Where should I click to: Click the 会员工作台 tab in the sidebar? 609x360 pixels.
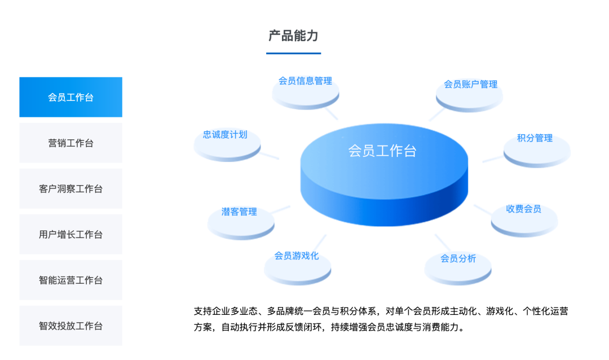coord(70,97)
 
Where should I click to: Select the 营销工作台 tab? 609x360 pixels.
coord(70,143)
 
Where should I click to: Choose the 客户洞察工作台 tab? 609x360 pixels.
coord(70,188)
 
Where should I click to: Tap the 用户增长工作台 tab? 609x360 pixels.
coord(70,234)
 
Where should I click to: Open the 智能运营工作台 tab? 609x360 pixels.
coord(70,280)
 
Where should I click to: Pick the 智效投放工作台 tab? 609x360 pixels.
coord(70,326)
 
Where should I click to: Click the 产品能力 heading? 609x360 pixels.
coord(294,36)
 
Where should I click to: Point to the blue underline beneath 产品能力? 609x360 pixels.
coord(294,53)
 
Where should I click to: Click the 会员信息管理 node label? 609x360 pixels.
coord(305,81)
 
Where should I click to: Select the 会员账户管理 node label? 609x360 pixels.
coord(471,85)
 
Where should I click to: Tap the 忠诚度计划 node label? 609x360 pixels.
coord(225,134)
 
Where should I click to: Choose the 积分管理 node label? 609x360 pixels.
coord(535,138)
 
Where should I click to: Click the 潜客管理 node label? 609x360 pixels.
coord(239,212)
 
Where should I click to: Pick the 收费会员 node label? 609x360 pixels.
coord(523,209)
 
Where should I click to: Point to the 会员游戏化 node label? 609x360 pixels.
coord(297,256)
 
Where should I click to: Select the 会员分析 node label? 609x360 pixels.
coord(458,258)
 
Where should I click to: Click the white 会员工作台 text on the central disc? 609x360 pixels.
coord(382,151)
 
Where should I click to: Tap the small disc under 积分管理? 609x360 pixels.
coord(537,153)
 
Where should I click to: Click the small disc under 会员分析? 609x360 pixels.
coord(458,271)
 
